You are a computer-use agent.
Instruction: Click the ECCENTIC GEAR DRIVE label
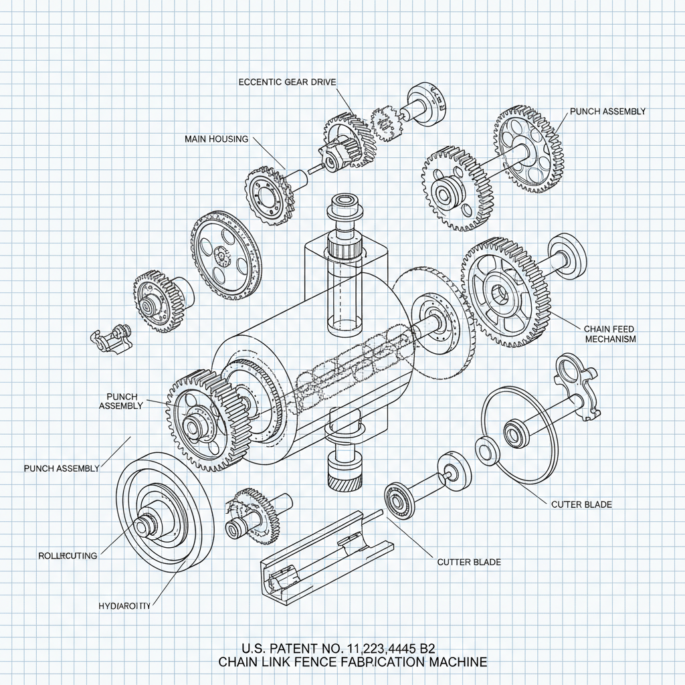coord(287,82)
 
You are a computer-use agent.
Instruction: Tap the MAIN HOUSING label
coord(216,139)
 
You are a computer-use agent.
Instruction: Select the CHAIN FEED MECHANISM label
coord(609,334)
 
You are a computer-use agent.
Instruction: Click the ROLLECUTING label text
coord(68,555)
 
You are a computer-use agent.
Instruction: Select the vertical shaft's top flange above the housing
coord(343,202)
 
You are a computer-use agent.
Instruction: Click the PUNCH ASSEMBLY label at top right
coord(607,112)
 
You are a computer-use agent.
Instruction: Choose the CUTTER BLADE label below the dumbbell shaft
coord(468,562)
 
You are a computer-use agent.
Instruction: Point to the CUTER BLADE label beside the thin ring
coord(581,504)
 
